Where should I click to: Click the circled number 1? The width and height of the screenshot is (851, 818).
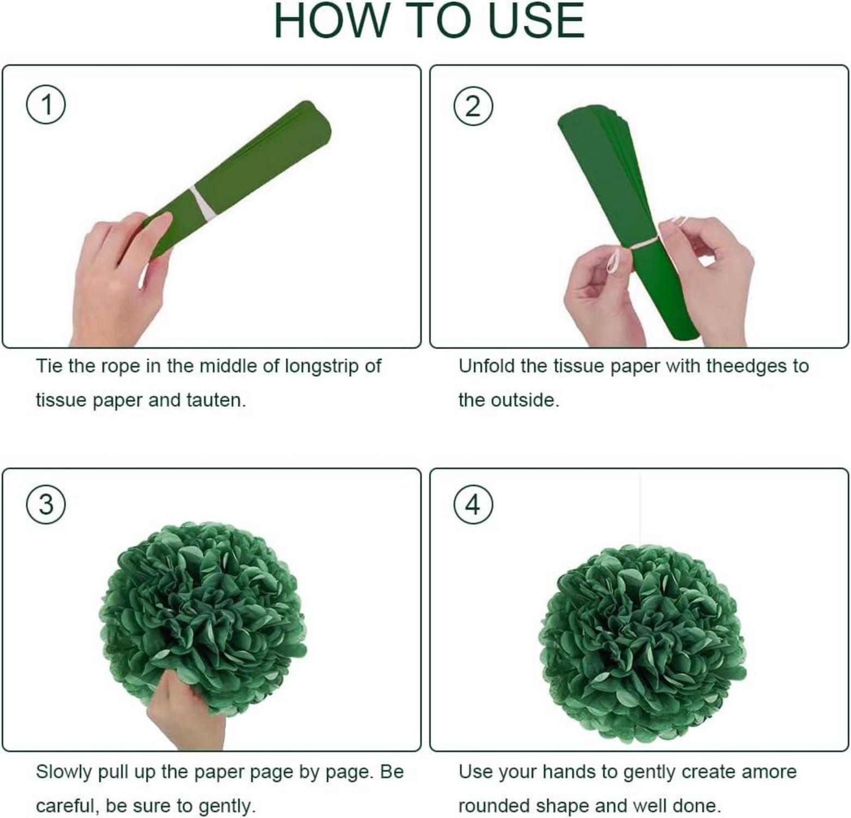click(x=46, y=104)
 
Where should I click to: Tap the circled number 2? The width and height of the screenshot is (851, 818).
click(x=473, y=106)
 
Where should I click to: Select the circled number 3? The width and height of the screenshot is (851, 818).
click(x=46, y=504)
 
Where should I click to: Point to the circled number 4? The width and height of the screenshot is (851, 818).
click(x=473, y=504)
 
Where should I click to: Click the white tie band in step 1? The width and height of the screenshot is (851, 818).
click(x=200, y=203)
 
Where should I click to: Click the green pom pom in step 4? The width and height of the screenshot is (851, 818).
click(x=642, y=642)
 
